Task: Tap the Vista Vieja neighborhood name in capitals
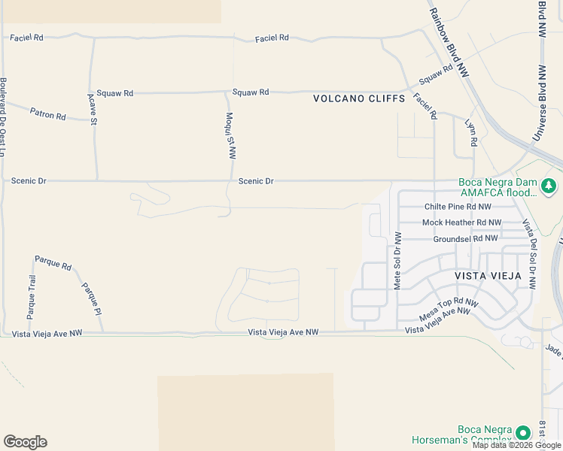click(x=488, y=276)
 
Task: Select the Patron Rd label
click(x=48, y=114)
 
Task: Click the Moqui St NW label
click(x=232, y=136)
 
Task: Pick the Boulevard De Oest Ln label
click(x=4, y=117)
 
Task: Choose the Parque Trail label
click(x=32, y=297)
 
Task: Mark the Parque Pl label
click(x=91, y=298)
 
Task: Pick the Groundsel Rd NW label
click(x=465, y=238)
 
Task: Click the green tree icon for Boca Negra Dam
click(x=550, y=185)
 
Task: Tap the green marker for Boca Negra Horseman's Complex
click(x=521, y=433)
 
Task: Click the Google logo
click(x=25, y=442)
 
